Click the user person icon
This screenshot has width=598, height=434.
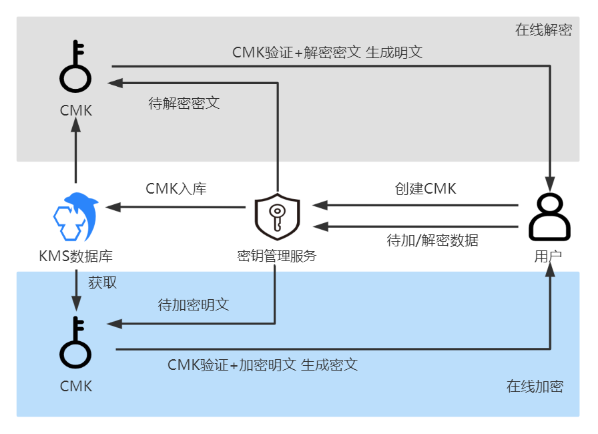[x=549, y=217]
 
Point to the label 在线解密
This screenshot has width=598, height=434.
[x=543, y=30]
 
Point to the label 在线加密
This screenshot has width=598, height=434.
[x=535, y=386]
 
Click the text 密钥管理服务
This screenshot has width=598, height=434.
[x=277, y=256]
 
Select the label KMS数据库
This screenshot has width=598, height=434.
[x=75, y=256]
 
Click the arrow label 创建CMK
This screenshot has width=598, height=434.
[x=425, y=188]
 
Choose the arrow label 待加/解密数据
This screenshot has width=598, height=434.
[x=432, y=240]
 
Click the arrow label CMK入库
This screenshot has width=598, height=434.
[x=176, y=188]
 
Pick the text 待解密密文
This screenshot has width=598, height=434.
[x=184, y=103]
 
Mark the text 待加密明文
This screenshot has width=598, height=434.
[x=194, y=304]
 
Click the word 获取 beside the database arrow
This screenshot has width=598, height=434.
[x=103, y=282]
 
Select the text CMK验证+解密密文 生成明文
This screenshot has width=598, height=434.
[x=327, y=52]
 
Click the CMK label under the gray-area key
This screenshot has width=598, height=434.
[x=75, y=110]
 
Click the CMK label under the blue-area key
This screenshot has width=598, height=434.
[x=75, y=386]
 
